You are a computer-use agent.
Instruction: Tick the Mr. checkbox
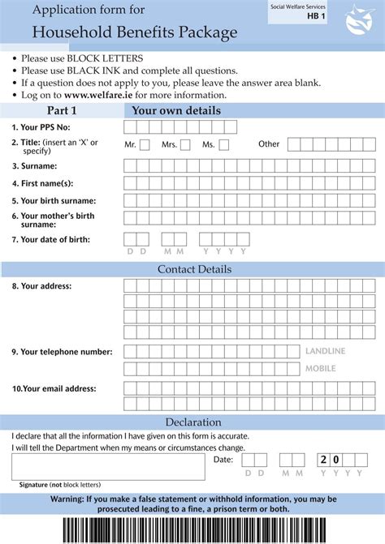145,145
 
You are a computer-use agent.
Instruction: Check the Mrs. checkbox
185,145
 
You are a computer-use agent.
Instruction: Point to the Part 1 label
62,111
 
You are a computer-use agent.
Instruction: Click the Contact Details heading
194,269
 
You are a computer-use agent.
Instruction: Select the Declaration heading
193,422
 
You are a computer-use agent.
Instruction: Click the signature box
108,466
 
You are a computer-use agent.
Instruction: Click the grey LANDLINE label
325,351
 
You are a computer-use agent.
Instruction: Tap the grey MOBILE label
319,369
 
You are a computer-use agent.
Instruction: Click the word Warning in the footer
72,499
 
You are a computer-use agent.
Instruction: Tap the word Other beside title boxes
269,144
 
